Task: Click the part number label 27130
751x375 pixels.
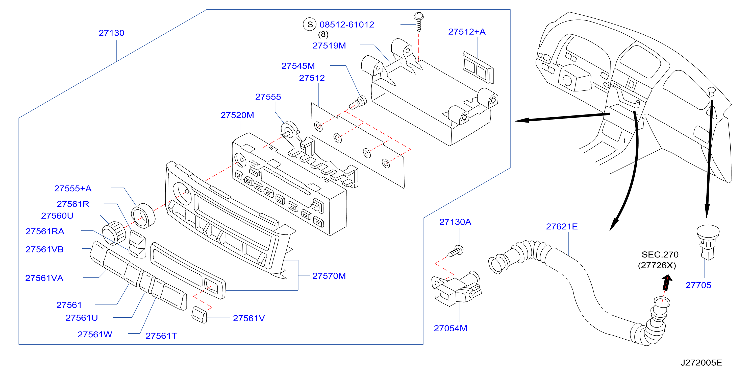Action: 111,33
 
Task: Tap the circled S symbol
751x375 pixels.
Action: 310,24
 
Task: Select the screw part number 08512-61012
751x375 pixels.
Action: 347,25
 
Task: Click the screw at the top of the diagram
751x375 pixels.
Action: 419,21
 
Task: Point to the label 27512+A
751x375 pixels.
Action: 467,32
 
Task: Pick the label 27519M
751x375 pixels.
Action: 329,45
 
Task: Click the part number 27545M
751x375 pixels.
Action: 298,66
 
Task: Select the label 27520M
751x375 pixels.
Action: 237,115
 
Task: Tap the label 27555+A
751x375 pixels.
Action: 73,189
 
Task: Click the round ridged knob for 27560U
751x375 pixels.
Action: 114,232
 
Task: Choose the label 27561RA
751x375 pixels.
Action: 45,231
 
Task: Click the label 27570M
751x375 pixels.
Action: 329,276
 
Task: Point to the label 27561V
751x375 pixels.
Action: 249,318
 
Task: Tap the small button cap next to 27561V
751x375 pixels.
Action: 199,315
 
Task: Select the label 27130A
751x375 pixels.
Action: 455,222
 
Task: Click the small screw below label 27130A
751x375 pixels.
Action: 455,251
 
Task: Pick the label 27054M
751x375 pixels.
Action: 450,329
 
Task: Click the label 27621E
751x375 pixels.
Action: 562,227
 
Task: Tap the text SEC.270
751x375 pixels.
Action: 660,255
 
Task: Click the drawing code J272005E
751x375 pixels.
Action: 702,363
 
